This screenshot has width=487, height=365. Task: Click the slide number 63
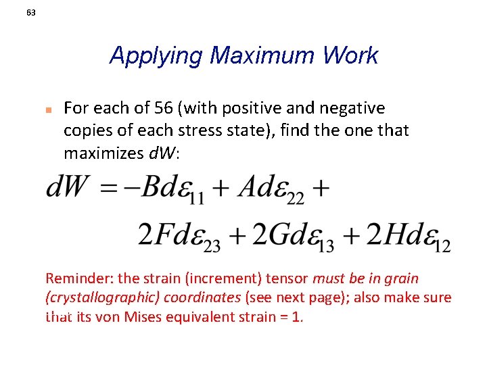31,13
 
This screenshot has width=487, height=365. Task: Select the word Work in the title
350,55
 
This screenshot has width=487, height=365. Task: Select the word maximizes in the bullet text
104,153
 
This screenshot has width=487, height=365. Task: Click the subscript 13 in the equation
325,245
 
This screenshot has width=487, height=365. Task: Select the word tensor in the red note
288,278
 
